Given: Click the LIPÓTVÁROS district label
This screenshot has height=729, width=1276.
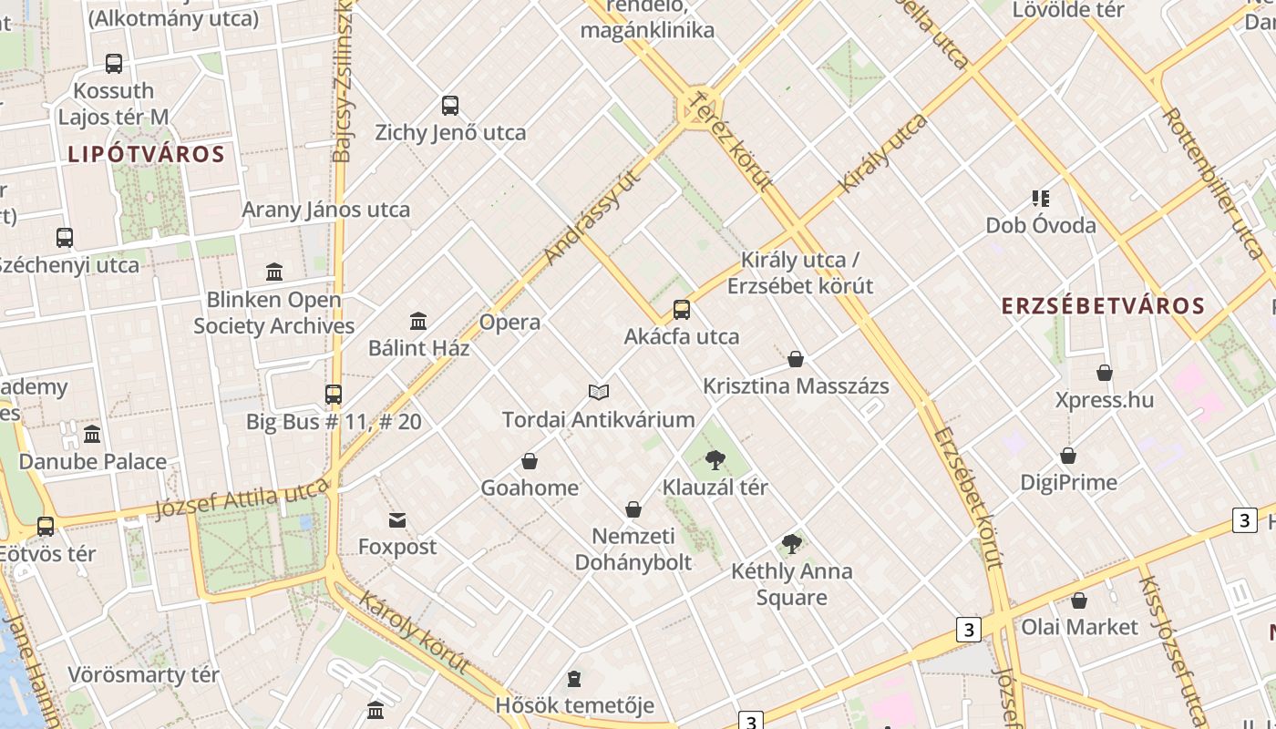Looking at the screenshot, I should tap(146, 154).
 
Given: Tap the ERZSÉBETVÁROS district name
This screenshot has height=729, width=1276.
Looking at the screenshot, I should tap(1103, 305).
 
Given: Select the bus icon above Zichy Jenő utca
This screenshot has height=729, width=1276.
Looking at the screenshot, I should tap(450, 106).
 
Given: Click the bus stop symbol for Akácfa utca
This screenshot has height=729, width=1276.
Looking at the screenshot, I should tap(682, 310).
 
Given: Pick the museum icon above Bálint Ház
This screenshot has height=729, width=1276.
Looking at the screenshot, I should tap(418, 321).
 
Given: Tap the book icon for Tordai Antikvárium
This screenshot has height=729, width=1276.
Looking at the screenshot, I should tap(599, 392).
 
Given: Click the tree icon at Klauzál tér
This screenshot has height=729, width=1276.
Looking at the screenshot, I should tap(715, 460).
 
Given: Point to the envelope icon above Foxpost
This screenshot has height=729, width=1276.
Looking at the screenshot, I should tap(397, 520).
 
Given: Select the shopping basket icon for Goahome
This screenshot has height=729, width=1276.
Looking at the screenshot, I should tap(530, 461).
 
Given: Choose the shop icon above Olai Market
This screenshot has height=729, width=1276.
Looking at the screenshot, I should tap(1079, 601).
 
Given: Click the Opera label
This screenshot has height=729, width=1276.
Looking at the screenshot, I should tap(509, 323).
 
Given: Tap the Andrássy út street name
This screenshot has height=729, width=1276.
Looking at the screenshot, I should tap(592, 217).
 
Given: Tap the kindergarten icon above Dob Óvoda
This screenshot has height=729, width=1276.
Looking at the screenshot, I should tap(1040, 198).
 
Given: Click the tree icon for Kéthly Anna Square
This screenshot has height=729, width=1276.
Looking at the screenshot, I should tap(792, 545).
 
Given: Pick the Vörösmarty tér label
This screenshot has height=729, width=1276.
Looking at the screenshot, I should tap(143, 675).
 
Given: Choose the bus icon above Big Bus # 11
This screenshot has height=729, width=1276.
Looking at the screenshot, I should tap(334, 395).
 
